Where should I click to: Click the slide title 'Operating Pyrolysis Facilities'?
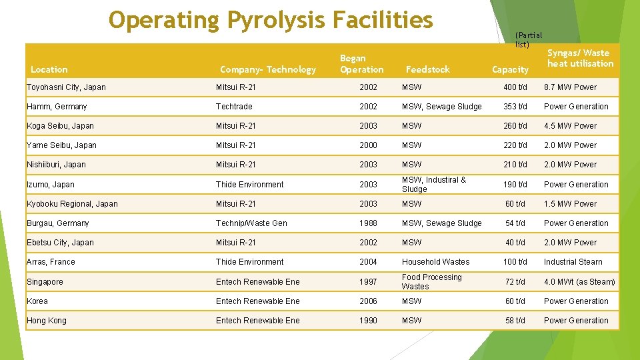(271, 21)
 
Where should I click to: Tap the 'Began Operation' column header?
(361, 64)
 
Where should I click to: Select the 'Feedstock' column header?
(427, 69)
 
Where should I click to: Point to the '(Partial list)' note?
(529, 39)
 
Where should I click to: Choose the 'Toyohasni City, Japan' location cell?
(66, 87)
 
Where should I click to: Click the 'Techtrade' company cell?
(235, 107)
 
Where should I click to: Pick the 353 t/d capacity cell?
(515, 107)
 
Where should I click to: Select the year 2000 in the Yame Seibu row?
(368, 145)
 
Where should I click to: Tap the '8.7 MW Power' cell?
(570, 87)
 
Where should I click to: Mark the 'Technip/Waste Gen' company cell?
(251, 223)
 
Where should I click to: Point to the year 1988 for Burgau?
(368, 223)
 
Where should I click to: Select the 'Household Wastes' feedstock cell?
(435, 262)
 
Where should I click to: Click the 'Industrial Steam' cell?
(573, 262)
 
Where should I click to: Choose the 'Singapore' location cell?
(45, 282)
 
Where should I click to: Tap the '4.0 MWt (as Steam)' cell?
(579, 282)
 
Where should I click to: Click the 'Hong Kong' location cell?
(47, 321)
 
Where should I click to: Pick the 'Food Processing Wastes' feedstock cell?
(431, 282)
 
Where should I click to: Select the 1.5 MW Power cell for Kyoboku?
(570, 204)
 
